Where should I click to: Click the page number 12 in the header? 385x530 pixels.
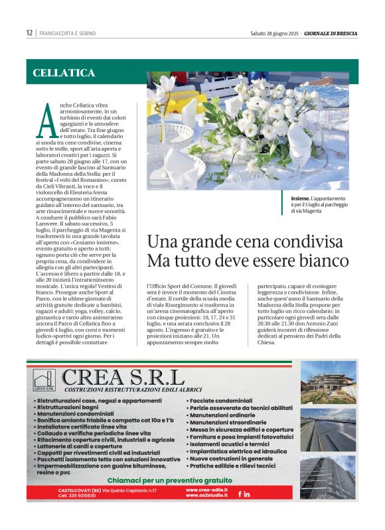pos(29,33)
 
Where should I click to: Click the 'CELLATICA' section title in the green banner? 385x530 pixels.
pos(64,72)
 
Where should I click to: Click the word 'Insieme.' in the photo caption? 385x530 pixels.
pos(299,198)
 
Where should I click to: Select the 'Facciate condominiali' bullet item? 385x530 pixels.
pos(220,401)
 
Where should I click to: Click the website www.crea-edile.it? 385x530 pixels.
pos(206,490)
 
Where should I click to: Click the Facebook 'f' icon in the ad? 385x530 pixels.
pos(240,494)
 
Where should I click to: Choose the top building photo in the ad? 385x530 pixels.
pos(327,382)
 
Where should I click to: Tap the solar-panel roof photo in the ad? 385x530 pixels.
pos(327,431)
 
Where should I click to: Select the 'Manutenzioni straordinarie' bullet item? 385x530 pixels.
pos(227,423)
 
